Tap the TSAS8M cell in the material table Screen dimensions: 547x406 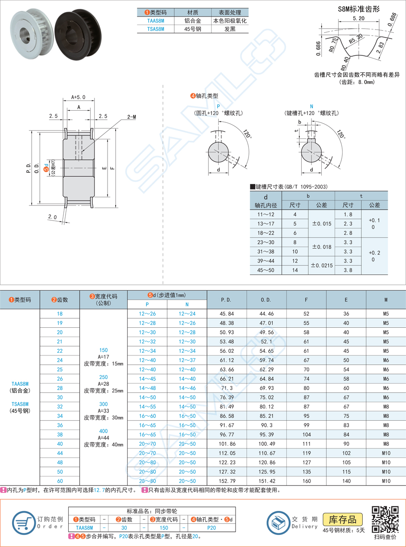156,29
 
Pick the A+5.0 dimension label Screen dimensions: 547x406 78,97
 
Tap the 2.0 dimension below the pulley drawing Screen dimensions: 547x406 53,217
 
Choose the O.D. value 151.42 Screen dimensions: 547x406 266,481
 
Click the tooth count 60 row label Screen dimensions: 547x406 60,481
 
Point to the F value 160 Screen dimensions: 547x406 306,481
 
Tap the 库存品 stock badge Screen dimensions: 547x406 342,519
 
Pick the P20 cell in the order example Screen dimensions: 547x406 211,527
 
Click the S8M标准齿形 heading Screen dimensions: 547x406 359,8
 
